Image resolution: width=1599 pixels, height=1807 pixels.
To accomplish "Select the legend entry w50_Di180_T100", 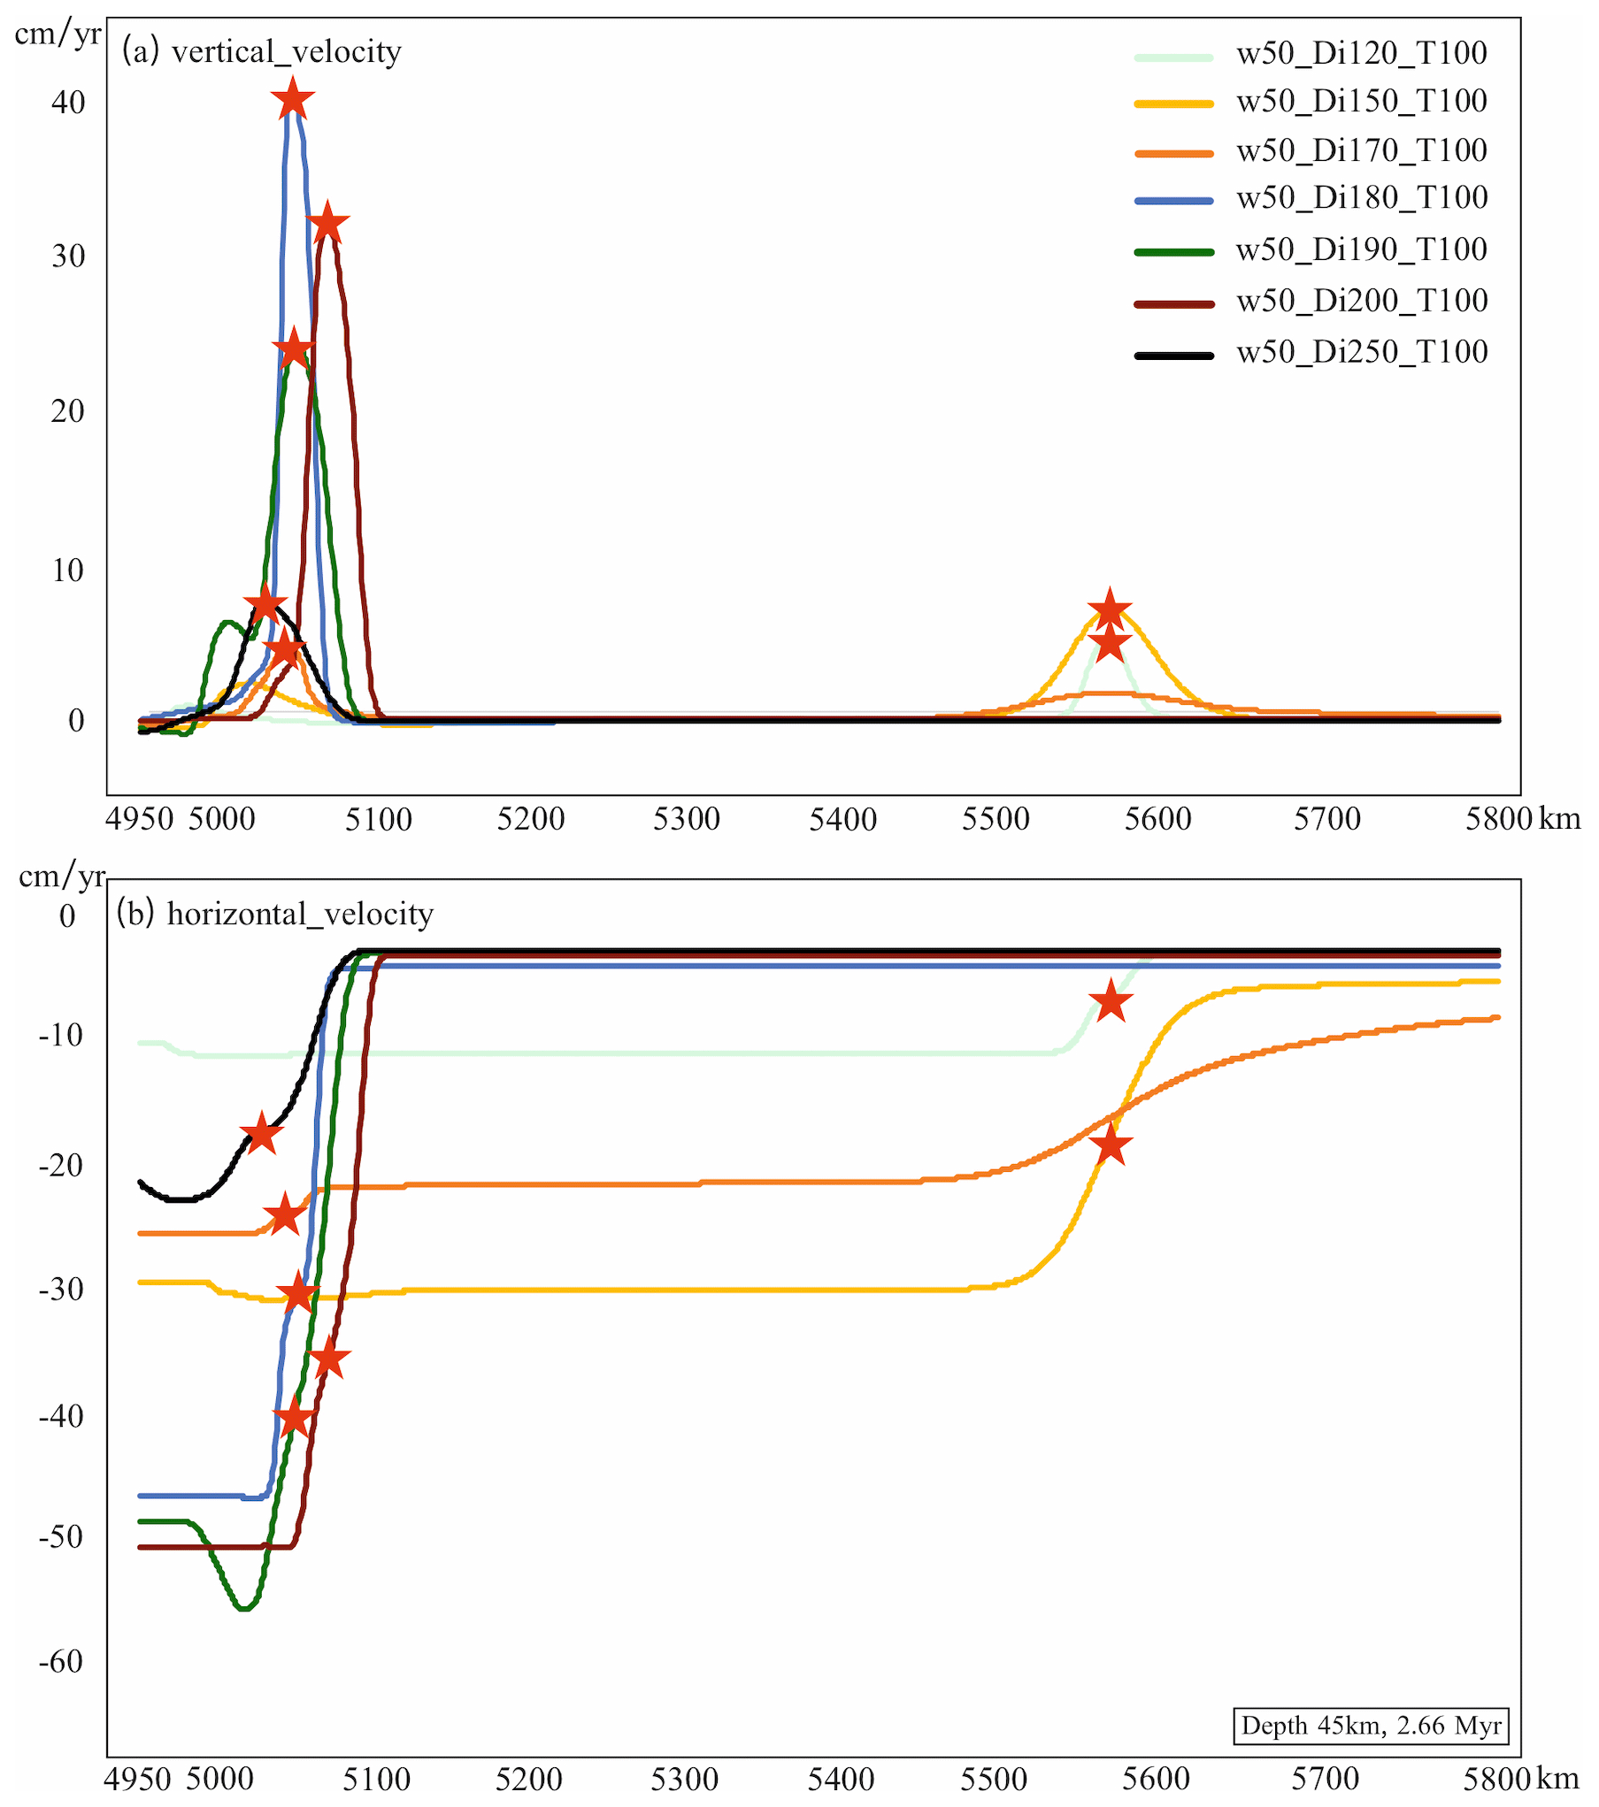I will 1361,198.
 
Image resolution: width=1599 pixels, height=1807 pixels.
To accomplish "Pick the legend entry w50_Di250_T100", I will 1361,353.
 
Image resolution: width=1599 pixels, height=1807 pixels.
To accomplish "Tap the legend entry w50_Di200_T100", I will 1361,302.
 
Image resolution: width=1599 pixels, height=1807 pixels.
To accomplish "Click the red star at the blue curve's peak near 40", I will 293,99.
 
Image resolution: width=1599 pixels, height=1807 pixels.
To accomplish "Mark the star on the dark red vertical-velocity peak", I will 327,223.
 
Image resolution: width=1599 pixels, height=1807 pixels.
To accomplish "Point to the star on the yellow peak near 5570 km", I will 1110,609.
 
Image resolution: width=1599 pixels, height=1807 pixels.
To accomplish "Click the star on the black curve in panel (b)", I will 262,1134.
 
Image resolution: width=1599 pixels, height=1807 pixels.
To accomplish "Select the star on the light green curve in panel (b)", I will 1111,1001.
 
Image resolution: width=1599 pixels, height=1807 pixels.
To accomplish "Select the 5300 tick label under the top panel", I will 686,820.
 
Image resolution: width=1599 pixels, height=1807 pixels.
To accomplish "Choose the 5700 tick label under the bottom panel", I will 1325,1779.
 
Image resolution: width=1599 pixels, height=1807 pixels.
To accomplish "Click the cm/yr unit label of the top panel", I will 58,34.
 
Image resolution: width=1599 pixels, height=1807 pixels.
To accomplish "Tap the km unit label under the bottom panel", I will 1557,1779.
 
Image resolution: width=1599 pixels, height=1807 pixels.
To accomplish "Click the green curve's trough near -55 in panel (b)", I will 244,1607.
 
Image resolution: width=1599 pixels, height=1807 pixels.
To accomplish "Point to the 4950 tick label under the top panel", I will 139,820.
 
